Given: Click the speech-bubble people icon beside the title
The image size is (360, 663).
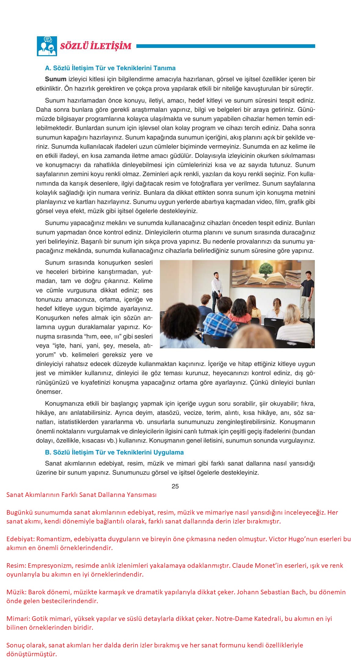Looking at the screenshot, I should [47, 46].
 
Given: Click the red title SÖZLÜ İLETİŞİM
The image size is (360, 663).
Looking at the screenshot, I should [96, 46].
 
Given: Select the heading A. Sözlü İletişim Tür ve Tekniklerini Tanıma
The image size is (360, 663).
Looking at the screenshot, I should [110, 68].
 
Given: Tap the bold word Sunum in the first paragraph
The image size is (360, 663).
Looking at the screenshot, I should [56, 79].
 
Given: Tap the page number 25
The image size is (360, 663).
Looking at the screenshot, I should [175, 486].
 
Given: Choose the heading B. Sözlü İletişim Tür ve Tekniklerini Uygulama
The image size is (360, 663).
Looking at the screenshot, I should [114, 452].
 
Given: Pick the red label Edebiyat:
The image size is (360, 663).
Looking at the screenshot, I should [20, 539].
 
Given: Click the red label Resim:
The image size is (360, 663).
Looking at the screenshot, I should [17, 565].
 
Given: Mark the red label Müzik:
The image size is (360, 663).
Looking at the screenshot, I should [16, 592].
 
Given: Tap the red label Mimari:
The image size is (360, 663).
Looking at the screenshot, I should [17, 619].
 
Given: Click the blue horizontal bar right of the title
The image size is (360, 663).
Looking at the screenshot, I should [225, 46].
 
